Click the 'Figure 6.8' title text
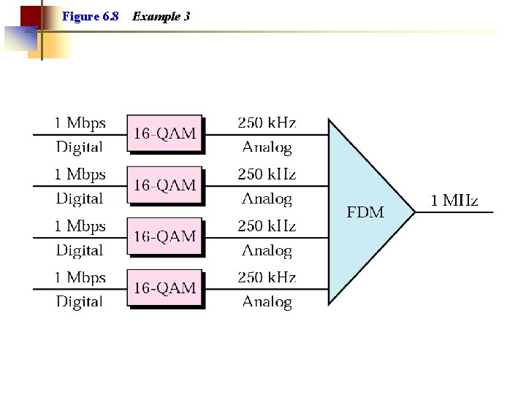(91, 16)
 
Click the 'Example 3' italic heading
(161, 16)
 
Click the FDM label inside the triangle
(365, 212)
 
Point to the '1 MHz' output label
(454, 201)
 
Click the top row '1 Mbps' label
(80, 123)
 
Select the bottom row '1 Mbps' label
(80, 277)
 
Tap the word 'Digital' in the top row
(80, 147)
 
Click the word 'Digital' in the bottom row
(80, 301)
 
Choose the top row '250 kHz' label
(267, 123)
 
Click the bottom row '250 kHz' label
(267, 277)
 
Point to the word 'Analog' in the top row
(267, 147)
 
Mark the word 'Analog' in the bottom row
(267, 301)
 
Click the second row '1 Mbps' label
(80, 174)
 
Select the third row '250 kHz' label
(267, 226)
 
